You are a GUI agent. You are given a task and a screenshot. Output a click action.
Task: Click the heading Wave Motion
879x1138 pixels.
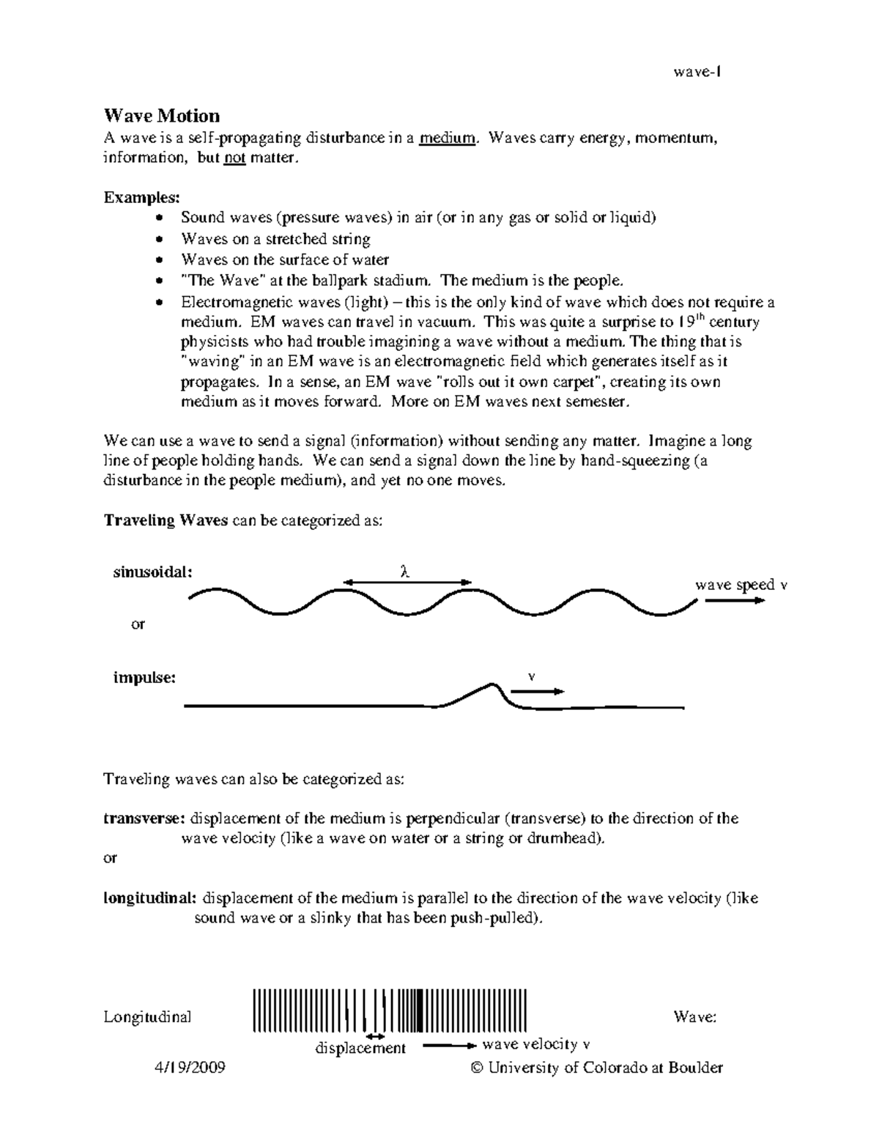click(161, 116)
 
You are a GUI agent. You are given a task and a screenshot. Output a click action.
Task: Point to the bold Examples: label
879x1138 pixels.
click(141, 198)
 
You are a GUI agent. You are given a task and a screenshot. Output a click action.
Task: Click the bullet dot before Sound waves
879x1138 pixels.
click(160, 218)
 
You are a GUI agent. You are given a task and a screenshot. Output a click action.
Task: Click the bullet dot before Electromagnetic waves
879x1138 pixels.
click(160, 303)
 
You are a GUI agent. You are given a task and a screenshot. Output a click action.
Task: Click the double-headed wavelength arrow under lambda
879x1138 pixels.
click(407, 583)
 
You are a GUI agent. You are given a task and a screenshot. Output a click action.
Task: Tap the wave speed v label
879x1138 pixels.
click(741, 585)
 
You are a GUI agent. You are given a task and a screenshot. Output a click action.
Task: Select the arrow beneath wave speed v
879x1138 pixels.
click(735, 600)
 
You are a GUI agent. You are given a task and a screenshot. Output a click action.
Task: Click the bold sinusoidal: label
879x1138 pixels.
click(152, 572)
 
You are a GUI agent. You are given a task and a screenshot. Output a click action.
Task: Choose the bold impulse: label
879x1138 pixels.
click(144, 678)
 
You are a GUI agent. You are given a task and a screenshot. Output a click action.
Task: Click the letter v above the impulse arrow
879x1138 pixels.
click(532, 676)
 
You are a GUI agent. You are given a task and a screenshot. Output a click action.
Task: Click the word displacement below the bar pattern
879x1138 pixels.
click(360, 1049)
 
